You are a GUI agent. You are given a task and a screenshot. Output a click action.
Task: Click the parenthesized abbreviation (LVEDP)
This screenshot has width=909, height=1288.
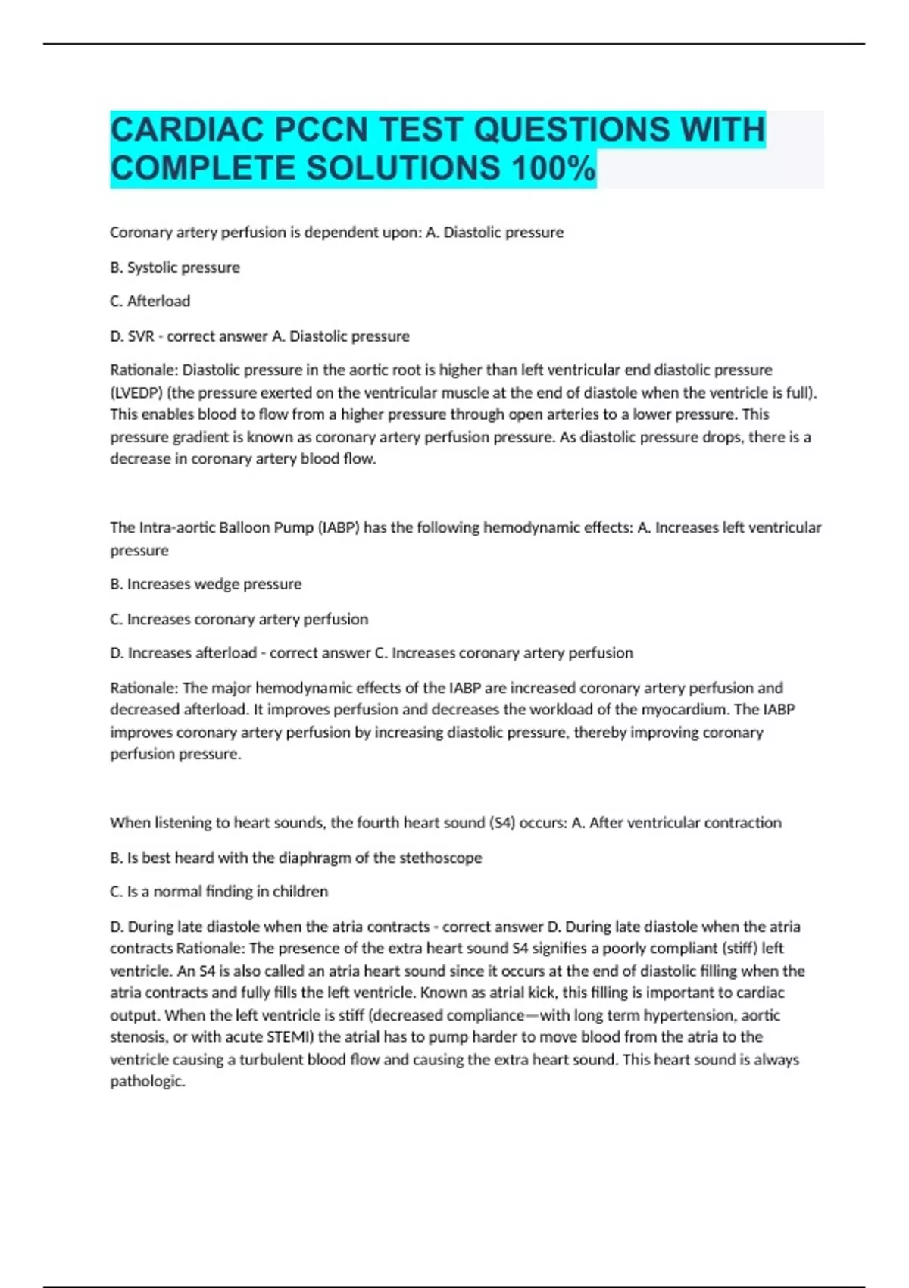[x=137, y=392]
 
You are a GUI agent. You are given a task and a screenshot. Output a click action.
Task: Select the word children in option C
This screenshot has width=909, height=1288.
[x=301, y=892]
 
